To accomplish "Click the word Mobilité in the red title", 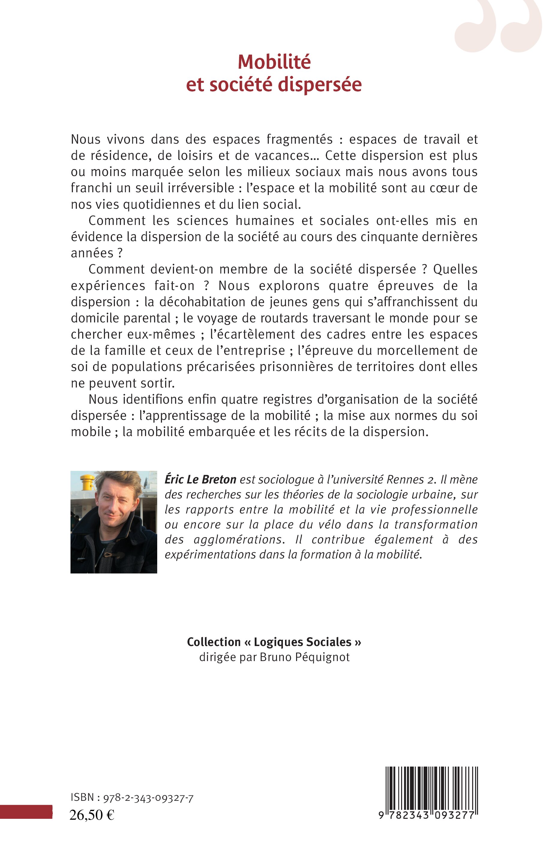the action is point(274,62).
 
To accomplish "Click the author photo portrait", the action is point(114,522).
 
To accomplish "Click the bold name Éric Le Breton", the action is point(200,479).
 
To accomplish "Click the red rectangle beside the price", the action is point(26,822).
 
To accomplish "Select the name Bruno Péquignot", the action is point(305,657).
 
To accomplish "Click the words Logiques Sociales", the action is point(303,642).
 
